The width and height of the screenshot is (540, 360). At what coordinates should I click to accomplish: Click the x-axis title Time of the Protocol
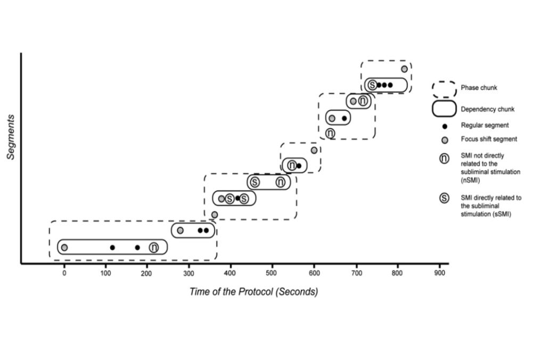click(x=253, y=292)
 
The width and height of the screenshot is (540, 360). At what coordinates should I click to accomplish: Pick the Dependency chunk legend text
click(x=487, y=109)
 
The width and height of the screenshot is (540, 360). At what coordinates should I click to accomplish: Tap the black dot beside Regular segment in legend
click(x=444, y=126)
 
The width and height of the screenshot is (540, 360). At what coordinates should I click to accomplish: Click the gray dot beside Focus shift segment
click(x=444, y=140)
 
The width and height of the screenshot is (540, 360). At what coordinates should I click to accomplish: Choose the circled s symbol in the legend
click(x=444, y=198)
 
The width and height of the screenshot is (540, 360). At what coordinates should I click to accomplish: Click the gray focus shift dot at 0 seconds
click(x=64, y=247)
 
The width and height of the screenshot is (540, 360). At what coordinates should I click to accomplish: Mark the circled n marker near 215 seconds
click(x=154, y=247)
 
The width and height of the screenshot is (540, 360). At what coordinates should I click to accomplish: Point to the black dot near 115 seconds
click(x=112, y=247)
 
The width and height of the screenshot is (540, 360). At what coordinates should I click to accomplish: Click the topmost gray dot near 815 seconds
click(x=404, y=69)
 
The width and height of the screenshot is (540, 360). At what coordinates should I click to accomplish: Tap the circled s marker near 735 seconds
click(x=372, y=85)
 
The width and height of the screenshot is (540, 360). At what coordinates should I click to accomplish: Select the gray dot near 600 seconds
click(x=314, y=150)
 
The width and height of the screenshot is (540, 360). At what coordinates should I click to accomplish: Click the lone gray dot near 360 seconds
click(x=214, y=215)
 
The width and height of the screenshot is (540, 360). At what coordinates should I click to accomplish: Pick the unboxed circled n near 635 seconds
click(x=330, y=133)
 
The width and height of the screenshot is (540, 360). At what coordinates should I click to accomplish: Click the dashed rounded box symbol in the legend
click(x=444, y=88)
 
